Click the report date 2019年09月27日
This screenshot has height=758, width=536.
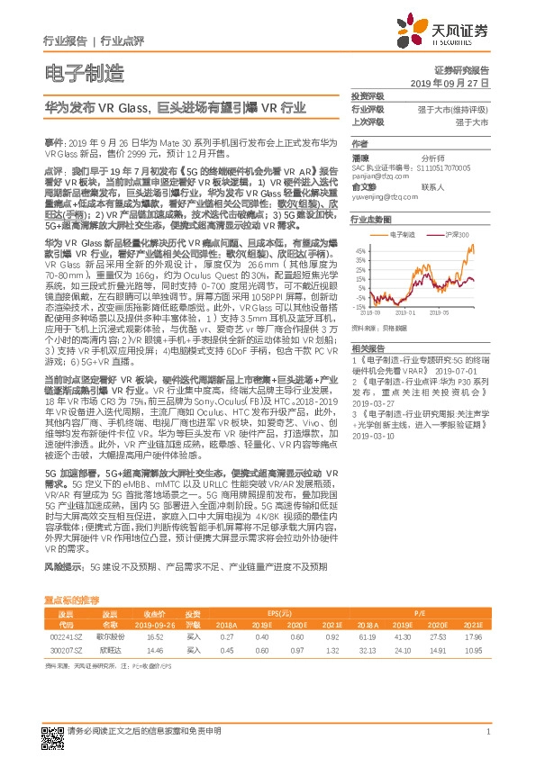pyautogui.click(x=457, y=82)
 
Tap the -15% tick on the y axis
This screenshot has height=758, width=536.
pyautogui.click(x=359, y=307)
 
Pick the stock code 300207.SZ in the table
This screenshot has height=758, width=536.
pyautogui.click(x=65, y=648)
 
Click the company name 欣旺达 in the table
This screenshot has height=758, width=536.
pyautogui.click(x=110, y=648)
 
